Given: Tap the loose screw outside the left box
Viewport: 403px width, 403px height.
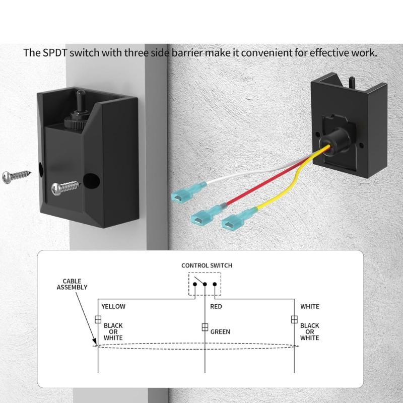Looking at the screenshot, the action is [17, 177].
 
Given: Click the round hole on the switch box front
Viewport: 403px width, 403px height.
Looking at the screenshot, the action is [92, 181].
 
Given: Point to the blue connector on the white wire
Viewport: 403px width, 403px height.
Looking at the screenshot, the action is [189, 192].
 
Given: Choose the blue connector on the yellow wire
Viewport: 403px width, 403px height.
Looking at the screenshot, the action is [239, 219].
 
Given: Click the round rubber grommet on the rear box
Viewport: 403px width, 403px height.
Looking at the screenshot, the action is [335, 141].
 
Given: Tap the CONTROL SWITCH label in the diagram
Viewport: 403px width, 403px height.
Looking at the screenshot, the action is [207, 265].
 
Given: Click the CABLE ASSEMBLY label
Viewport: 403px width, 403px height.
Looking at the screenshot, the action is [72, 284].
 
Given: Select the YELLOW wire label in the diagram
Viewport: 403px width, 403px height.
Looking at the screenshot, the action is [113, 306].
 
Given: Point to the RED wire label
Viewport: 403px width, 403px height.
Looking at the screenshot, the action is [216, 306].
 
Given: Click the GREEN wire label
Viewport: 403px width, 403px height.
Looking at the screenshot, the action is [220, 332].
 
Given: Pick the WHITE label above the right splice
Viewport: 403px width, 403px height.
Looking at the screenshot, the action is [310, 306].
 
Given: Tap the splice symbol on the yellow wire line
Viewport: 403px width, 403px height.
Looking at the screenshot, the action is [98, 319].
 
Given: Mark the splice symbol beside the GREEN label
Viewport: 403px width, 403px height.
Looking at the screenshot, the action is [205, 327].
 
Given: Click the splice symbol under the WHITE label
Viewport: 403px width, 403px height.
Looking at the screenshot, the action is [294, 319].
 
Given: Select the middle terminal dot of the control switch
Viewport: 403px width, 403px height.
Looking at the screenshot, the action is [205, 284].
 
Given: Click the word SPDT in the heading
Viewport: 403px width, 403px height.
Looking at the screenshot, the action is [55, 53].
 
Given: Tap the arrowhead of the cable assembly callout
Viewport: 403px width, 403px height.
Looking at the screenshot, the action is [95, 342].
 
